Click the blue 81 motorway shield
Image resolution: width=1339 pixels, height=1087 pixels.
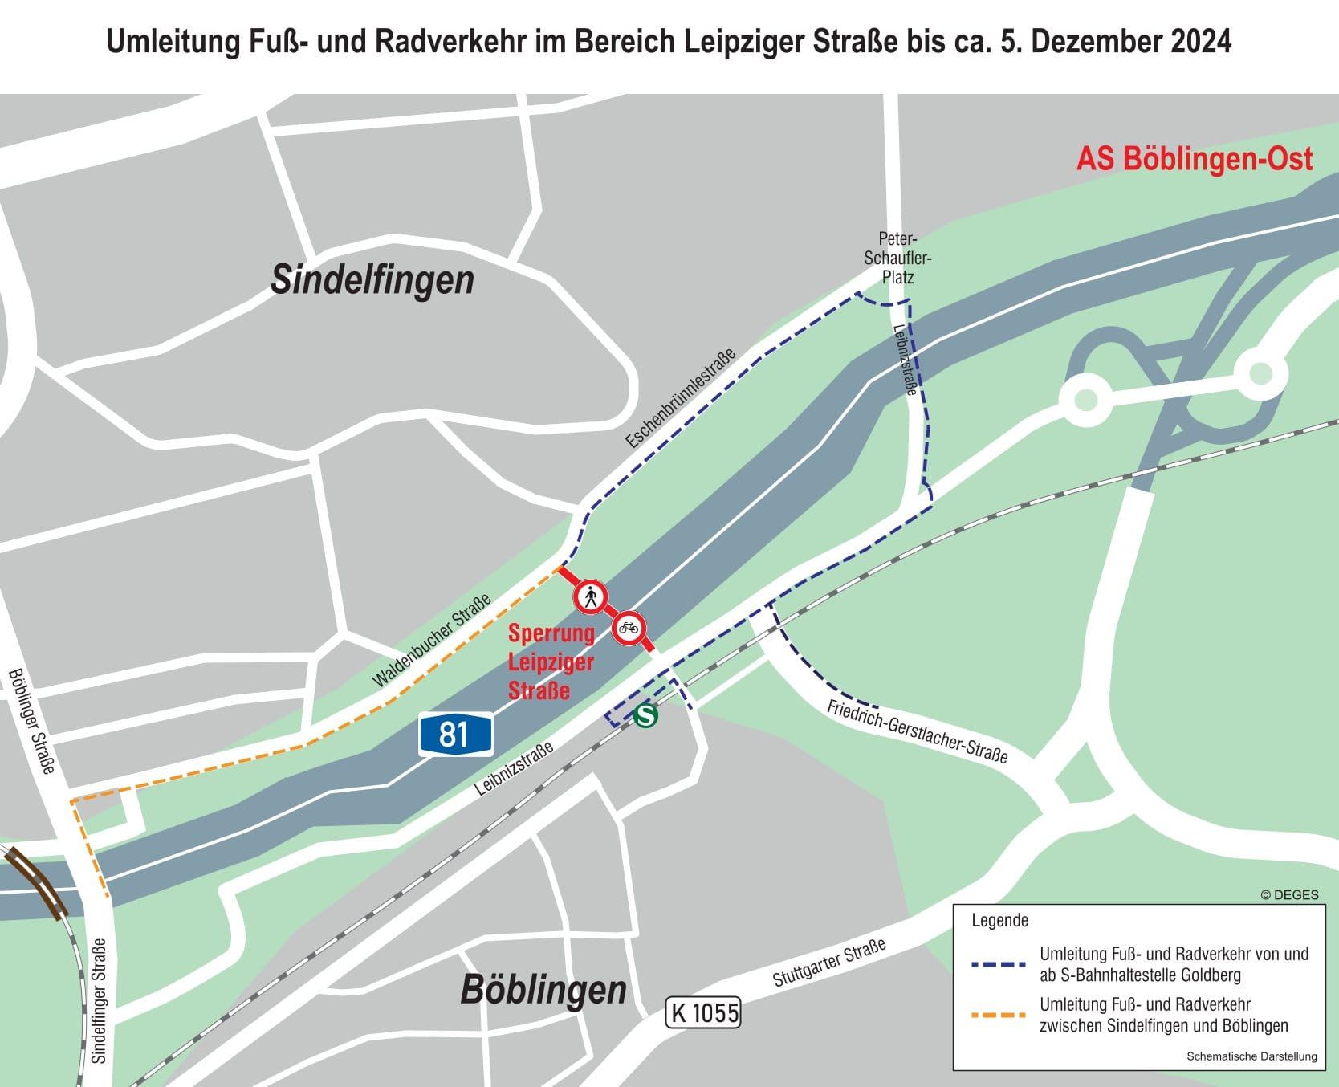coord(454,735)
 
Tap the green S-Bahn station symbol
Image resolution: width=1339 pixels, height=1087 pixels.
coord(645,715)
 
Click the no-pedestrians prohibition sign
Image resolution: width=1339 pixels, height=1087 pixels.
coord(591,596)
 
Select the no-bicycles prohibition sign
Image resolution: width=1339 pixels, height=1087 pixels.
coord(629,628)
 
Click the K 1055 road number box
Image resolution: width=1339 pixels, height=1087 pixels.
coord(702,1012)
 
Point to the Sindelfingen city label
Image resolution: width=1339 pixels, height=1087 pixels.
coord(372,280)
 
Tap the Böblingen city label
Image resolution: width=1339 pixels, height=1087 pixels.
coord(543,990)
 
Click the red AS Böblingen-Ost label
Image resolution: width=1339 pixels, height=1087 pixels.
coord(1195,159)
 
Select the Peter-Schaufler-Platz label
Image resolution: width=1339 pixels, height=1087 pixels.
coord(897,258)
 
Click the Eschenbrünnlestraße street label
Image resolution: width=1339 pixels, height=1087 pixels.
coord(680,399)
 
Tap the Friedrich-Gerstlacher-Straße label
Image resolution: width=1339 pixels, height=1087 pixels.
coord(917,731)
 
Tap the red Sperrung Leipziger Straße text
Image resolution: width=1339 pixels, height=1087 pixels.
coord(551,662)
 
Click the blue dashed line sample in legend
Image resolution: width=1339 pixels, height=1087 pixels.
coord(998,964)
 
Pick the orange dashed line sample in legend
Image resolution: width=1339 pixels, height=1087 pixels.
coord(998,1016)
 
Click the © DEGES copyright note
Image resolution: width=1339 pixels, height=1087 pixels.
coord(1289,894)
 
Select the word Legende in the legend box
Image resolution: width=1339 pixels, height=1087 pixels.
coord(999,920)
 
